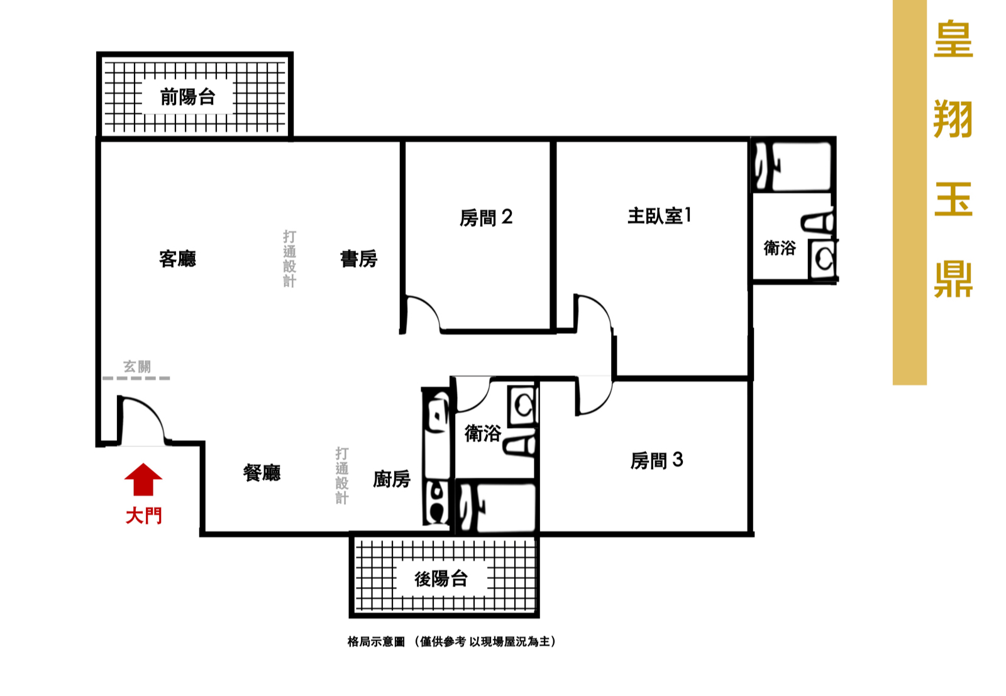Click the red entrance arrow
(143, 480)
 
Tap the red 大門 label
(144, 516)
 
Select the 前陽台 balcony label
(188, 97)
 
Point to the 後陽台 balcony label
(441, 579)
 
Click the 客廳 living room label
(177, 259)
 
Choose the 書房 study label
(359, 259)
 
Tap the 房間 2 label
(486, 218)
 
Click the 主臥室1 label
(660, 216)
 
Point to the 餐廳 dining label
(262, 473)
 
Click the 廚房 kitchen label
(392, 479)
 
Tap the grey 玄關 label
(138, 367)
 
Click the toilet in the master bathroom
(818, 222)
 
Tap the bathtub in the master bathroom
(793, 167)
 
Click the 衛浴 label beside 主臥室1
(780, 248)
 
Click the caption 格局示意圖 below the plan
(377, 642)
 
